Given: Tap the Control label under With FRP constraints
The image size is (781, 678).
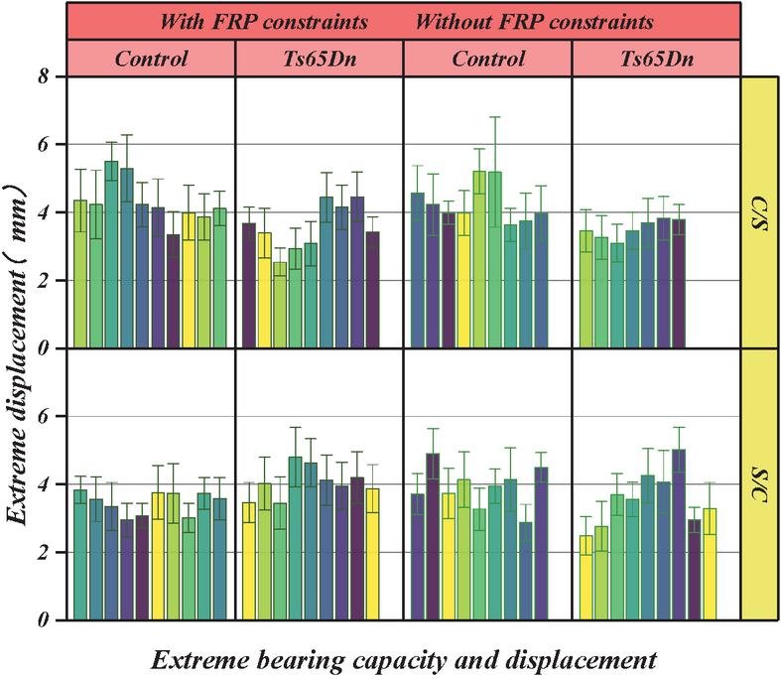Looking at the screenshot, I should [151, 59].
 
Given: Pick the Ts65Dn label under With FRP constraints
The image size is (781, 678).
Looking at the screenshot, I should [320, 59].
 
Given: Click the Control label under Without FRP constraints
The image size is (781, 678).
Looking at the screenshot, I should [488, 59].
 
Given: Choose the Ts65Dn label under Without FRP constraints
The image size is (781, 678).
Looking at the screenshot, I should [656, 59].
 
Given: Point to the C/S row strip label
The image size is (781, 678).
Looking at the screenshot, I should [760, 212].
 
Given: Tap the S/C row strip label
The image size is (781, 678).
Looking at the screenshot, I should [760, 484].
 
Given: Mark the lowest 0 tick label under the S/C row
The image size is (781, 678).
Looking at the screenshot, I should [44, 621].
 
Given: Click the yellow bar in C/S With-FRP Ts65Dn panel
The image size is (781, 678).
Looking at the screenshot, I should [265, 290].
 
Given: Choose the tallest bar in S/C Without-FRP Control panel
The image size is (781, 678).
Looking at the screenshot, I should [433, 537].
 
